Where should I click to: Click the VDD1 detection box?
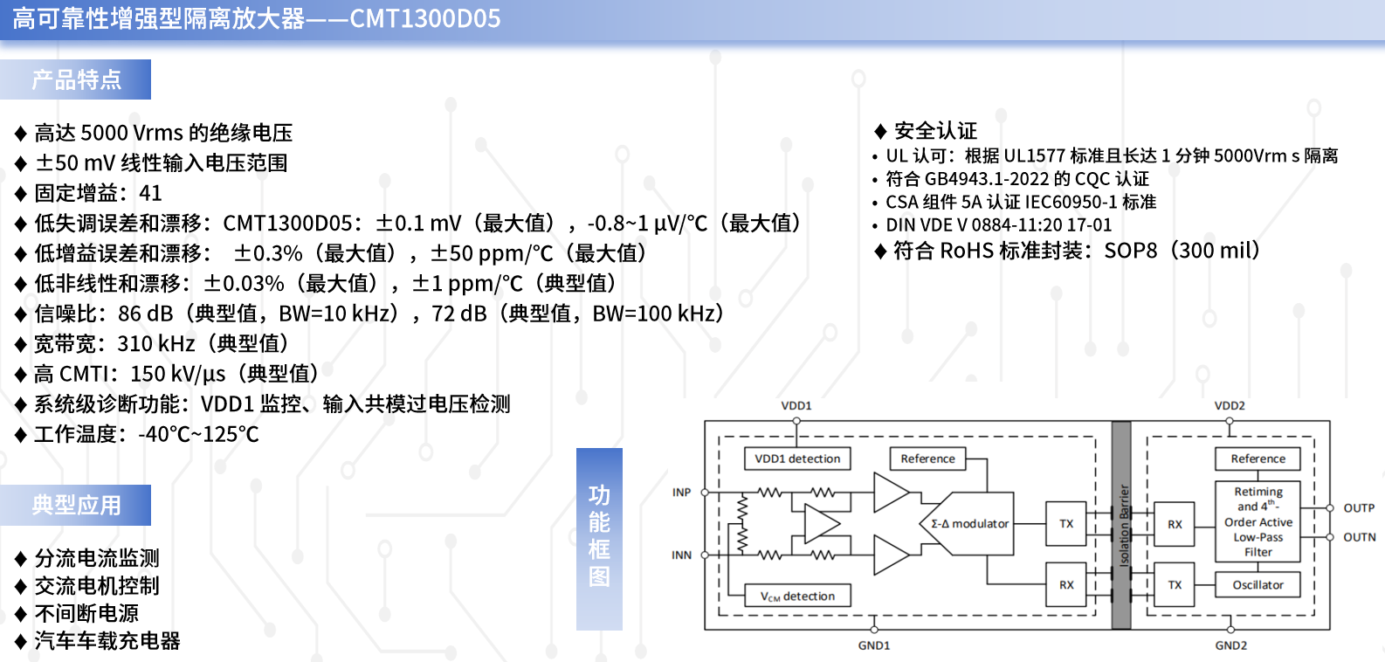coord(797,459)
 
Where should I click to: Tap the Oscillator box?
coord(1258,585)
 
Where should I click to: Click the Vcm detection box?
coord(797,596)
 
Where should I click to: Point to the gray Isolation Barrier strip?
coord(1121,525)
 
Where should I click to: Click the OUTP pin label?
coord(1359,508)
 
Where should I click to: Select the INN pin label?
coord(681,555)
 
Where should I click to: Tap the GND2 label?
coord(1231,645)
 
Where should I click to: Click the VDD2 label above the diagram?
coord(1230,405)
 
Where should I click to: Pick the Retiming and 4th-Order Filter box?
coord(1258,521)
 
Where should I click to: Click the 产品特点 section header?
coord(75,79)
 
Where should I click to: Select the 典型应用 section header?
coord(75,505)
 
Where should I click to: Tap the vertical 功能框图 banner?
coord(599,539)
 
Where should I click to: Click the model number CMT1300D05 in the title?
coord(425,18)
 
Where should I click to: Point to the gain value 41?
coord(150,194)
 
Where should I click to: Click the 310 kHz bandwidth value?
coord(155,344)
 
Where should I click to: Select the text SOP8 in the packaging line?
coord(1130,251)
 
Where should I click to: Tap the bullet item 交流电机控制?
coord(97,586)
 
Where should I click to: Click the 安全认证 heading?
coord(935,131)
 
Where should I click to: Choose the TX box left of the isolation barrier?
coord(1066,523)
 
